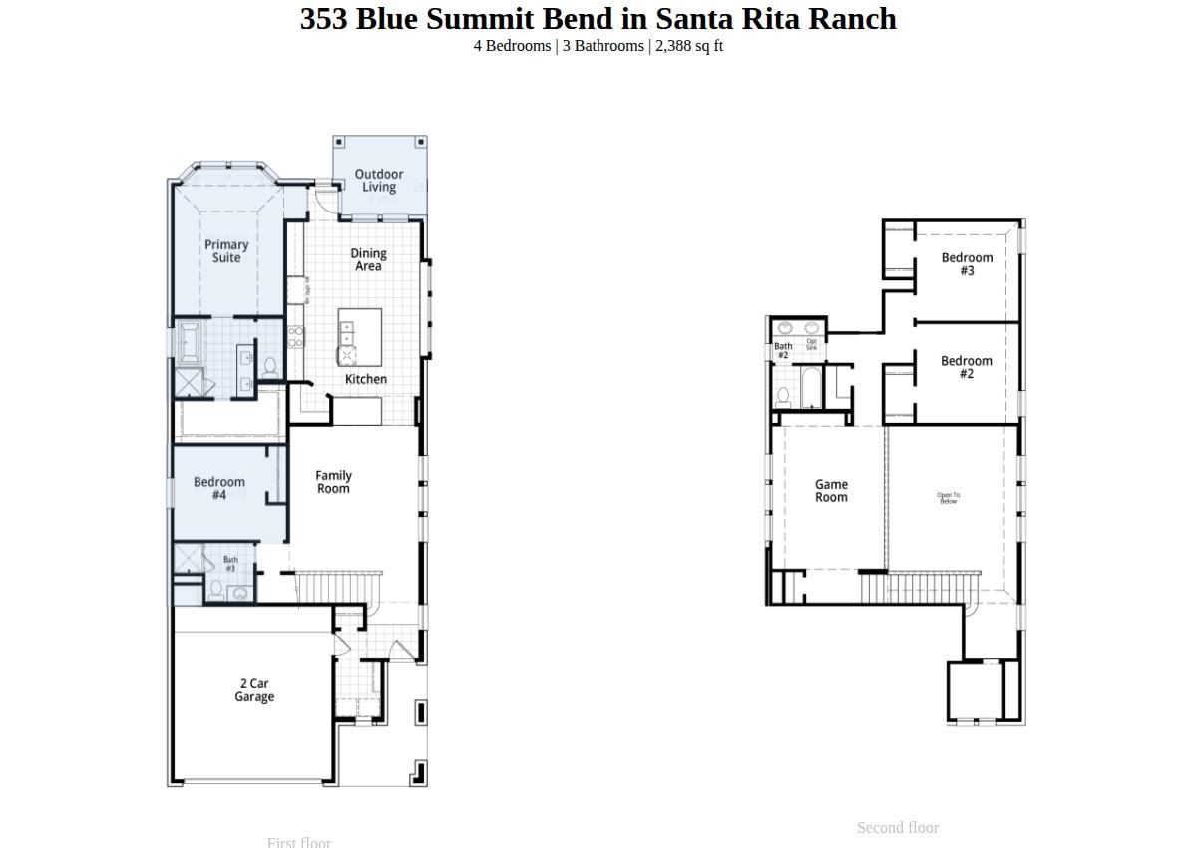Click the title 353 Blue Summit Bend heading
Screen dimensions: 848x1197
coord(598,19)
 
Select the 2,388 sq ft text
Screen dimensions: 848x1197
coord(688,46)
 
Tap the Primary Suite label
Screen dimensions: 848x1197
coord(226,251)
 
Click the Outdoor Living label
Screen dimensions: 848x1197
coord(379,181)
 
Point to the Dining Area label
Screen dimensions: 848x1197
coord(368,260)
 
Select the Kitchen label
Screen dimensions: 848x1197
coord(366,379)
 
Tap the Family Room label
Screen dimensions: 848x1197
coord(333,482)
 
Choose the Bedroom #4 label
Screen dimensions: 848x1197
coord(219,488)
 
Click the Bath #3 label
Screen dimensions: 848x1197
coord(230,564)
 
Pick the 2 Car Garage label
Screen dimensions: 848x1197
coord(254,690)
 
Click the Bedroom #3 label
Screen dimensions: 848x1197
coord(967,264)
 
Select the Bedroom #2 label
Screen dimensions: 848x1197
coord(966,367)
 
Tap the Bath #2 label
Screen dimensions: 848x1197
coord(783,351)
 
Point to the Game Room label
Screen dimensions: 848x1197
coord(831,491)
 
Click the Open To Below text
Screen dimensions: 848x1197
coord(948,498)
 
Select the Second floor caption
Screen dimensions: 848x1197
coord(897,828)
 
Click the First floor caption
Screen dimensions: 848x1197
coord(298,842)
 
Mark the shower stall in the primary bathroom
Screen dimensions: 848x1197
coord(189,383)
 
